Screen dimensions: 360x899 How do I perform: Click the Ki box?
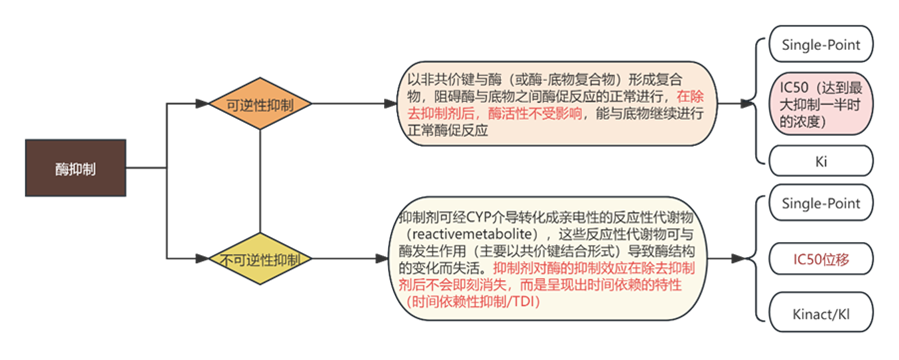tap(821, 159)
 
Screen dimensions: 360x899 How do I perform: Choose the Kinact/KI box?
tap(821, 315)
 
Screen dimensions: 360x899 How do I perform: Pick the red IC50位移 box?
tap(821, 260)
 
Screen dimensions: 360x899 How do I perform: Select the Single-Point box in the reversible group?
tap(821, 45)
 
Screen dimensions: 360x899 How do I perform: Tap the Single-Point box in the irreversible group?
tap(821, 204)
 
